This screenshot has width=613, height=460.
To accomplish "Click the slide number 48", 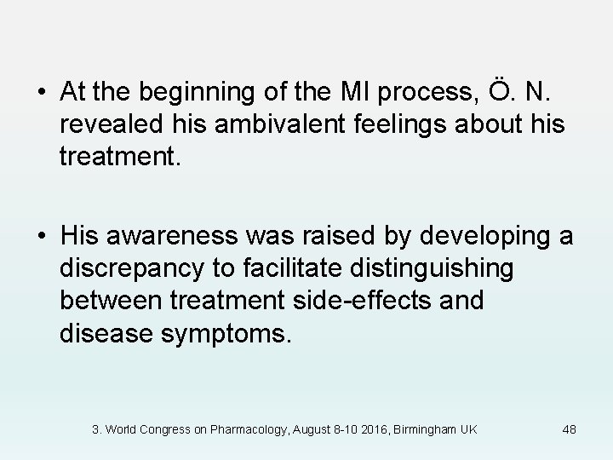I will [570, 429].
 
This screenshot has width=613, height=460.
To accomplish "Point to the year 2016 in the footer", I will [370, 429].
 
